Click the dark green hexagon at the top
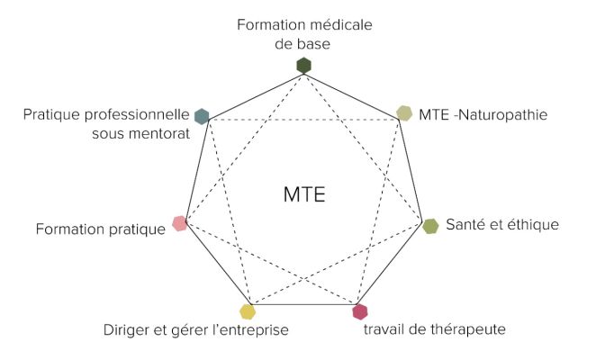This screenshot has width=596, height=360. (x=304, y=65)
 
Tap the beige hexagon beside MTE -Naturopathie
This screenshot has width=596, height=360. (x=405, y=113)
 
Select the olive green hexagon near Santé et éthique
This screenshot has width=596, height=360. (x=431, y=226)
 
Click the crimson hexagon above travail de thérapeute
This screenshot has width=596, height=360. (x=360, y=312)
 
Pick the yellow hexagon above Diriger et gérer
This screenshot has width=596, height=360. (x=248, y=312)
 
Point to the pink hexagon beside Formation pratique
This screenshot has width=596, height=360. (x=179, y=224)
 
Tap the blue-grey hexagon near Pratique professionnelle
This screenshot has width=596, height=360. (x=202, y=115)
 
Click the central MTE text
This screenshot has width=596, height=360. (x=304, y=194)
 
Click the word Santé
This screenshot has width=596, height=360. (x=466, y=224)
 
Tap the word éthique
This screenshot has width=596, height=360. (x=535, y=224)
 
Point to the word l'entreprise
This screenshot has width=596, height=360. (x=246, y=330)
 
